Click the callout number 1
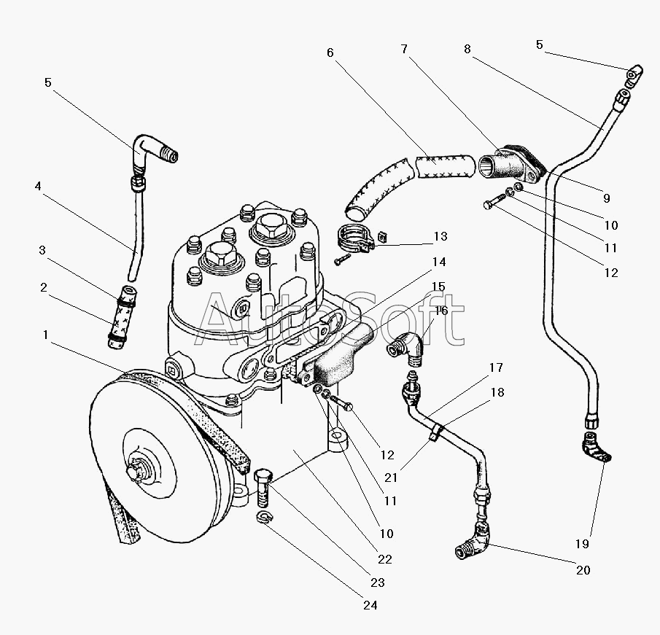46,335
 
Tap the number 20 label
583,570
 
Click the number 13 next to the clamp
440,237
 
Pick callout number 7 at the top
404,50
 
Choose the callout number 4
37,186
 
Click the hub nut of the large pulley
136,472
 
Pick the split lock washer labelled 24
265,517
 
